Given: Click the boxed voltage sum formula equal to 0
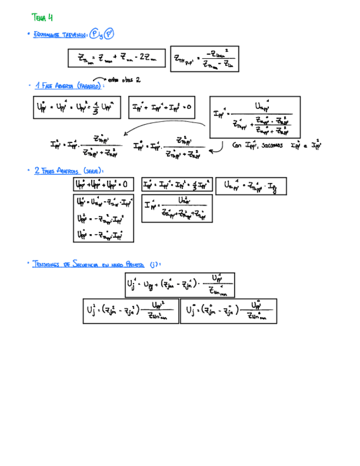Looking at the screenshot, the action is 104,185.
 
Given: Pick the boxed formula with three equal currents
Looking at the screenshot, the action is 176,185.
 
